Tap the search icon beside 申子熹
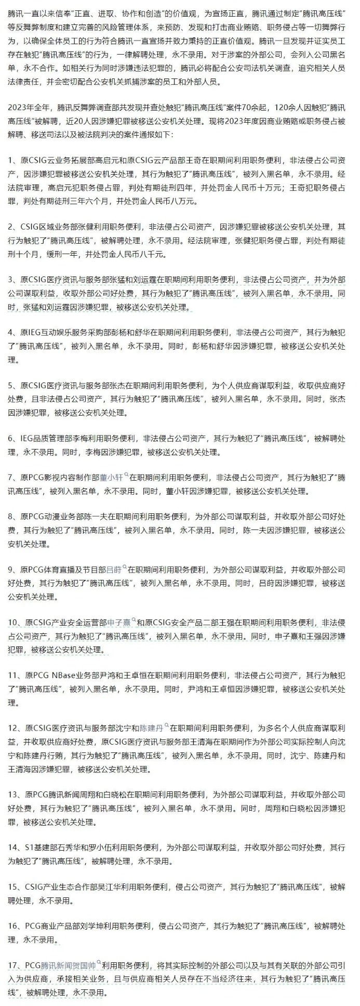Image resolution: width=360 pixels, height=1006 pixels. (134, 620)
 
